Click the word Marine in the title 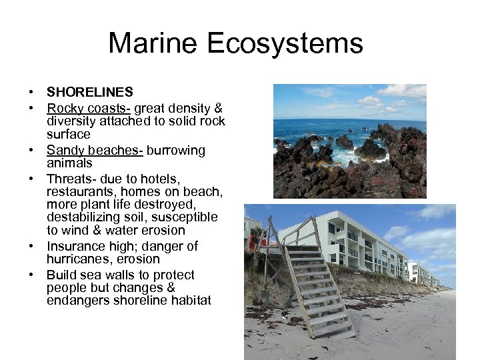[153, 44]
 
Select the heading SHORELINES [89, 92]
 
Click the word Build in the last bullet [60, 275]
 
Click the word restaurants [81, 192]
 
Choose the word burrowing [176, 150]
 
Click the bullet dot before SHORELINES [31, 93]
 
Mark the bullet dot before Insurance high [31, 247]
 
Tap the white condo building [353, 243]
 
